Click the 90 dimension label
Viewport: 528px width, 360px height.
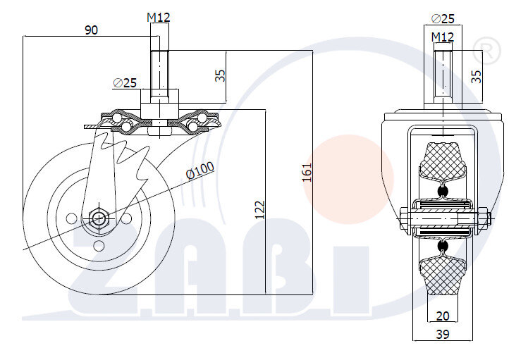tap(91, 30)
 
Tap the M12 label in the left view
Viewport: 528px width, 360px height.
tap(159, 17)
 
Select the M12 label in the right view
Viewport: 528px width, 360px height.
tap(443, 37)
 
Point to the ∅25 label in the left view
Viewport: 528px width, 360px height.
tap(125, 82)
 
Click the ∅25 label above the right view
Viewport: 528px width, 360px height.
tap(443, 18)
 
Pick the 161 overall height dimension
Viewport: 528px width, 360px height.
tap(307, 173)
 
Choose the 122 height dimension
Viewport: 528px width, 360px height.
tap(259, 210)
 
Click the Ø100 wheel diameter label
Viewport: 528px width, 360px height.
tap(200, 170)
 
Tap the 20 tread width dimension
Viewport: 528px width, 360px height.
tap(443, 316)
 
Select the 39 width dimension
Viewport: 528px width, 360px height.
tap(443, 334)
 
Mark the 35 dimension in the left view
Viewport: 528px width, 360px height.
tap(220, 75)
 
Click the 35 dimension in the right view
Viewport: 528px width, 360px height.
tap(476, 76)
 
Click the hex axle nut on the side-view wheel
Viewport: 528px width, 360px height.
tap(99, 218)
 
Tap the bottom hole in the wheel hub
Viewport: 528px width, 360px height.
tap(99, 246)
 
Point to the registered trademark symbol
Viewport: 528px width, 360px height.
tap(486, 51)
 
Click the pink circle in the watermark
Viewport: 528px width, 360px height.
tap(348, 180)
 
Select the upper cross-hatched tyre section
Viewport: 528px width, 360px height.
tap(443, 160)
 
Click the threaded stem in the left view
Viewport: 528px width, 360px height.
tap(159, 74)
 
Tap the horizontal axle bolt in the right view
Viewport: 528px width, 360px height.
tap(445, 218)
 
